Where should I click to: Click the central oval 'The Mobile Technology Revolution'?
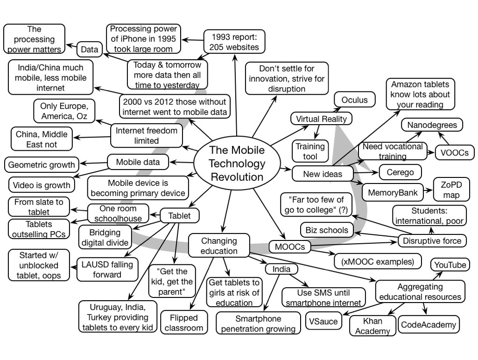[237, 163]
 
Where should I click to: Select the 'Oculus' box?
[354, 100]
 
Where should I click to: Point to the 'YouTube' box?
[450, 265]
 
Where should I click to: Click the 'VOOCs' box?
[454, 152]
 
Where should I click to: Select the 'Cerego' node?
[400, 172]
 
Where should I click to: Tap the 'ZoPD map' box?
[451, 189]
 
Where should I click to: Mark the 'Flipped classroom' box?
[184, 323]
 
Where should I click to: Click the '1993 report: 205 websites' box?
[231, 42]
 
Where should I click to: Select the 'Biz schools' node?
[327, 230]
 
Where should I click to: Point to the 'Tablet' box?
[180, 216]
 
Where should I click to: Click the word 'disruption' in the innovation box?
[287, 89]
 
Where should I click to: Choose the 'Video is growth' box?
[42, 185]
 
